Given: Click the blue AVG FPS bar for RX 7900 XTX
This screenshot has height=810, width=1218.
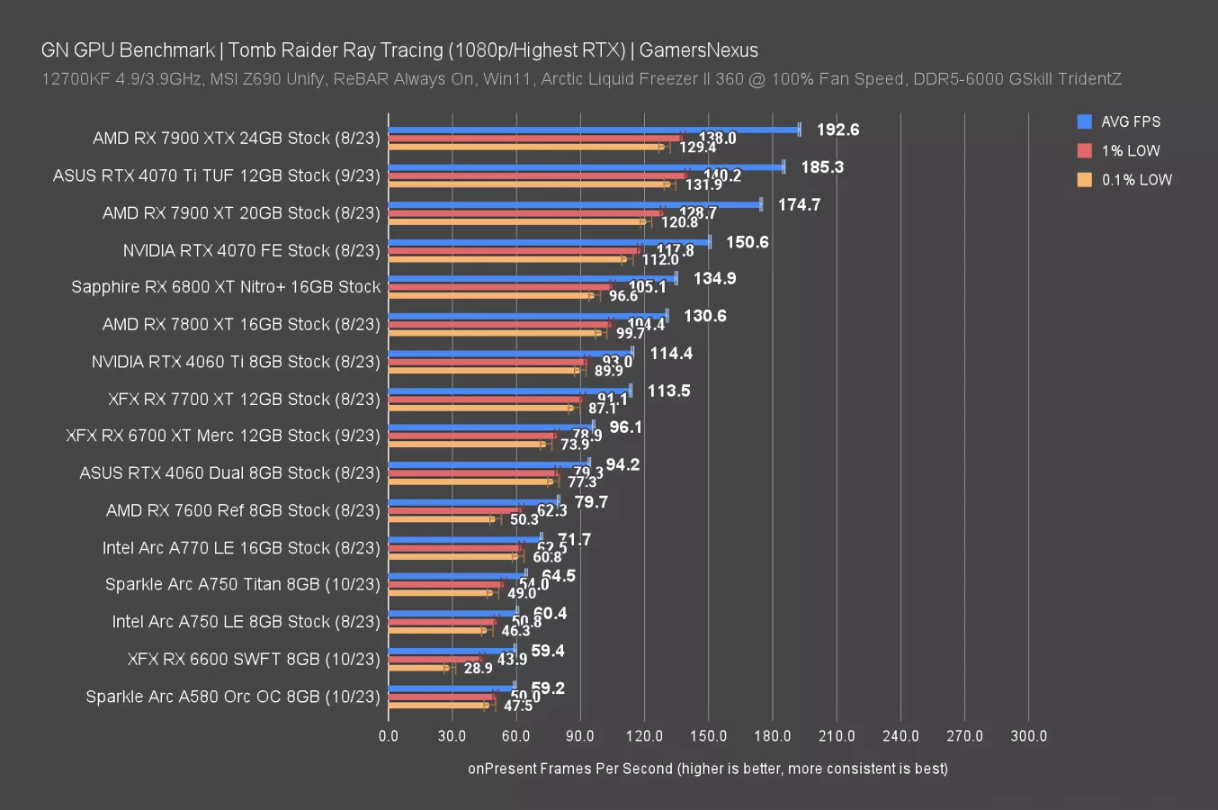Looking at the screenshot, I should coord(594,130).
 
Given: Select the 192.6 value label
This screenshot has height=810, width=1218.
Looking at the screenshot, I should coord(837,130).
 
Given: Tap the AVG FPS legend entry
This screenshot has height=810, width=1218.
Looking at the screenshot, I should coord(1130,122).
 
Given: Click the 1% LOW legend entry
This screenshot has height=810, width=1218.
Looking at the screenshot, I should coord(1130,151).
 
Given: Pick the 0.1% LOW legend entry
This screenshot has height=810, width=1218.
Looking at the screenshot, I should coord(1136,180).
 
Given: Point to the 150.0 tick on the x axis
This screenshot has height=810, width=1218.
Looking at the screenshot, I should coord(708,736).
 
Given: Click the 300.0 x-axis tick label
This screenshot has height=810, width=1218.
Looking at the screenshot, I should coord(1028,736).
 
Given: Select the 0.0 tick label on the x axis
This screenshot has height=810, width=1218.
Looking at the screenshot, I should coord(389,736).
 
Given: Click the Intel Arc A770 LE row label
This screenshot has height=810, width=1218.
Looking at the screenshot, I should coord(241,548).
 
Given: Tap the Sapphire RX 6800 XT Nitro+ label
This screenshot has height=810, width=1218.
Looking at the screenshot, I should coord(226,287).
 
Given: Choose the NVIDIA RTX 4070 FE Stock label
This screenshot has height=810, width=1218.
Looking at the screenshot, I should coord(252,250).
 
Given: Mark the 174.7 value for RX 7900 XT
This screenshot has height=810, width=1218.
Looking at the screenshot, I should coord(799,205).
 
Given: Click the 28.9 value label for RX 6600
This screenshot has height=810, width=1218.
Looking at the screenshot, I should coord(478,668).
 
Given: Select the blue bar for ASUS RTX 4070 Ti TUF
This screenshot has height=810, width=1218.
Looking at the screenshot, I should coord(586,167).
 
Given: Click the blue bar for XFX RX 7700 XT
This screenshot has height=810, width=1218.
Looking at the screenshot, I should coord(509,391).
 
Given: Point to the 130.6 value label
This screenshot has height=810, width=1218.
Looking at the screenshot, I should coord(704,316).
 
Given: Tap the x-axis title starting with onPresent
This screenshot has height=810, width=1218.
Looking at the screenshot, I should coord(707,769).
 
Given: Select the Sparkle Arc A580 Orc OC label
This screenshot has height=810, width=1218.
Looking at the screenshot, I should coord(233,697).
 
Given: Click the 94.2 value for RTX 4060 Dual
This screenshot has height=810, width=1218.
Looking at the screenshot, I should coord(622,465).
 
